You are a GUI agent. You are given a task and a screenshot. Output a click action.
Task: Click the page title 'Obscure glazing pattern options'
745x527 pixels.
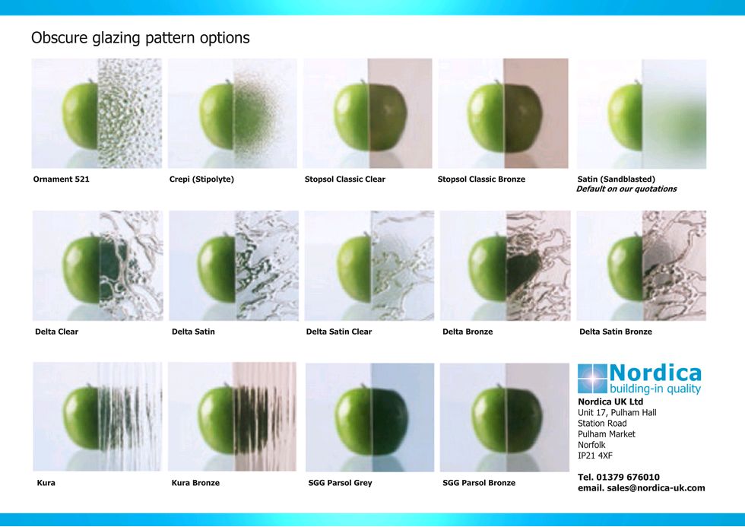coord(140,38)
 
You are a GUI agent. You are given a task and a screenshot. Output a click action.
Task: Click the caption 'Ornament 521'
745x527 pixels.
coord(62,179)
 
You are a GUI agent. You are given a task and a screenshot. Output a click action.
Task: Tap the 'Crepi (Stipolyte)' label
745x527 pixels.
coord(201,179)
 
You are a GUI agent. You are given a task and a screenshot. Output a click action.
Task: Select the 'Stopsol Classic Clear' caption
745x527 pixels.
coord(345,179)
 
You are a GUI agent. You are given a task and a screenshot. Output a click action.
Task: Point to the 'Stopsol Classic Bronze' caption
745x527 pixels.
coord(481,179)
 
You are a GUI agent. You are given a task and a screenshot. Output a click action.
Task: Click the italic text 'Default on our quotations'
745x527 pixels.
coord(626,189)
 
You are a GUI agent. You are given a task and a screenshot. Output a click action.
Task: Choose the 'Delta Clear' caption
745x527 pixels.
coord(56,332)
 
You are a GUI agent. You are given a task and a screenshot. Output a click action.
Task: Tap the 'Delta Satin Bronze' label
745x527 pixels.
coord(615,332)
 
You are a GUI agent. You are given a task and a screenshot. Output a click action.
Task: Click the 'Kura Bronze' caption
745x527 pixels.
coord(195,483)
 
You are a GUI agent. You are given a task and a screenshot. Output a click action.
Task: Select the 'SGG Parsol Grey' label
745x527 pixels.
coord(341,483)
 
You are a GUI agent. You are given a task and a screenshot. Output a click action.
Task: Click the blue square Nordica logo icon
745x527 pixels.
coord(592,379)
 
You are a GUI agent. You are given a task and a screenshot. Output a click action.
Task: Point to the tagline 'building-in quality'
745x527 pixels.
coord(655,389)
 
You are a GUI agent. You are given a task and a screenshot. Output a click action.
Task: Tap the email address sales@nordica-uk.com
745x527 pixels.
coord(655,488)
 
